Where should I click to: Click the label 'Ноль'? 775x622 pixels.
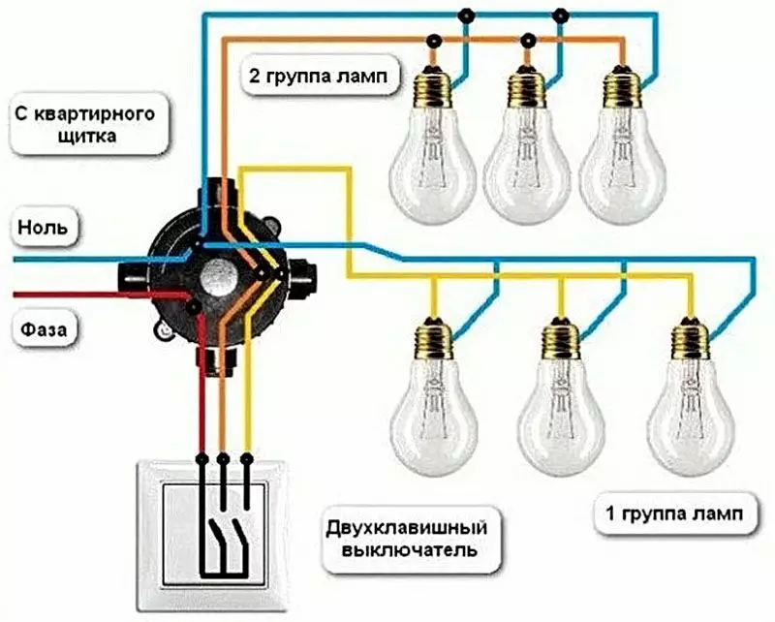(x=43, y=228)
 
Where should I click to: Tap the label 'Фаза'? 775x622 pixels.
(x=44, y=328)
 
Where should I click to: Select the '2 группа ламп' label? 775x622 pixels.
(x=319, y=77)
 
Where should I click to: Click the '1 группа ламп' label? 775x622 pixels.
(x=674, y=514)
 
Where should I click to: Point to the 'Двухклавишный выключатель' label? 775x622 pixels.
(x=407, y=539)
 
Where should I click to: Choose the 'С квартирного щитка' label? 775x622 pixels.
(x=85, y=125)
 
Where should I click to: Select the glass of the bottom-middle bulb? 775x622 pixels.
(x=561, y=420)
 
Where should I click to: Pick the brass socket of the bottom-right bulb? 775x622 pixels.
(x=691, y=340)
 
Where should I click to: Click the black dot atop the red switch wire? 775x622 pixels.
(x=201, y=459)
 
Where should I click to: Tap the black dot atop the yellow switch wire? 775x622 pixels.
(x=247, y=459)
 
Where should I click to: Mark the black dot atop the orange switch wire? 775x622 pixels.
(x=224, y=459)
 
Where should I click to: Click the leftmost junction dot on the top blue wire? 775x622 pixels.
(x=465, y=16)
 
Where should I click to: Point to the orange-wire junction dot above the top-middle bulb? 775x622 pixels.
(x=528, y=39)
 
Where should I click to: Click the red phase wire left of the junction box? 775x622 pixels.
(x=99, y=295)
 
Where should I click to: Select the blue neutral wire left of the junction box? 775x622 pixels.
(x=99, y=259)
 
